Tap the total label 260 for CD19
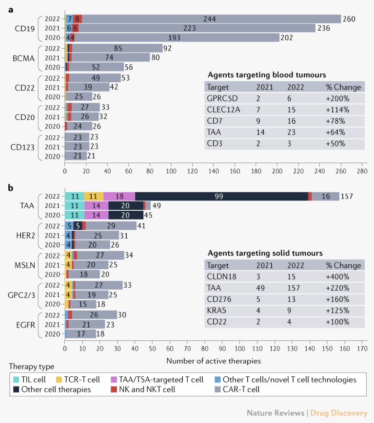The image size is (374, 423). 349,19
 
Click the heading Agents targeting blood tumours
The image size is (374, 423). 267,75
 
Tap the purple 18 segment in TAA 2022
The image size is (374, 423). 119,196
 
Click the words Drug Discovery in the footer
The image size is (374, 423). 340,413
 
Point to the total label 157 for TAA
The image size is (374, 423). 347,196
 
